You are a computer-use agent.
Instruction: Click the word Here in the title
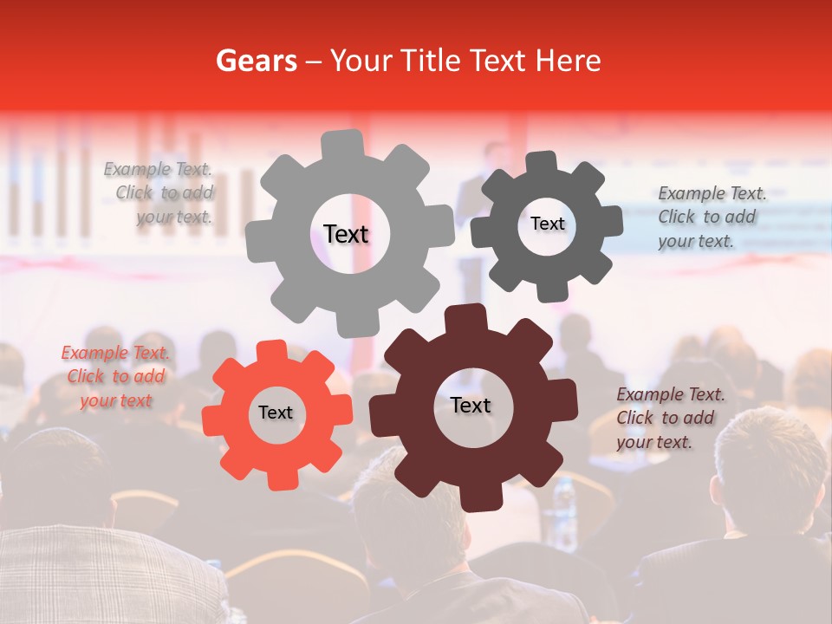pos(568,61)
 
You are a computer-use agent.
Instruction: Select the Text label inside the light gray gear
pos(346,234)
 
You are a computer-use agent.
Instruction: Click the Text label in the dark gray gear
pos(547,224)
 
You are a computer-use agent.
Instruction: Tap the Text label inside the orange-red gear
pos(275,413)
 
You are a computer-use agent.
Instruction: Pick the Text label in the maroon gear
pos(470,405)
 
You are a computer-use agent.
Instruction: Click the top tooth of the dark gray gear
pos(542,164)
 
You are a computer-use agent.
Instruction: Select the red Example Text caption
pos(115,377)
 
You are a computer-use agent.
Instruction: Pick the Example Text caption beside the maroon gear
pos(667,418)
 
